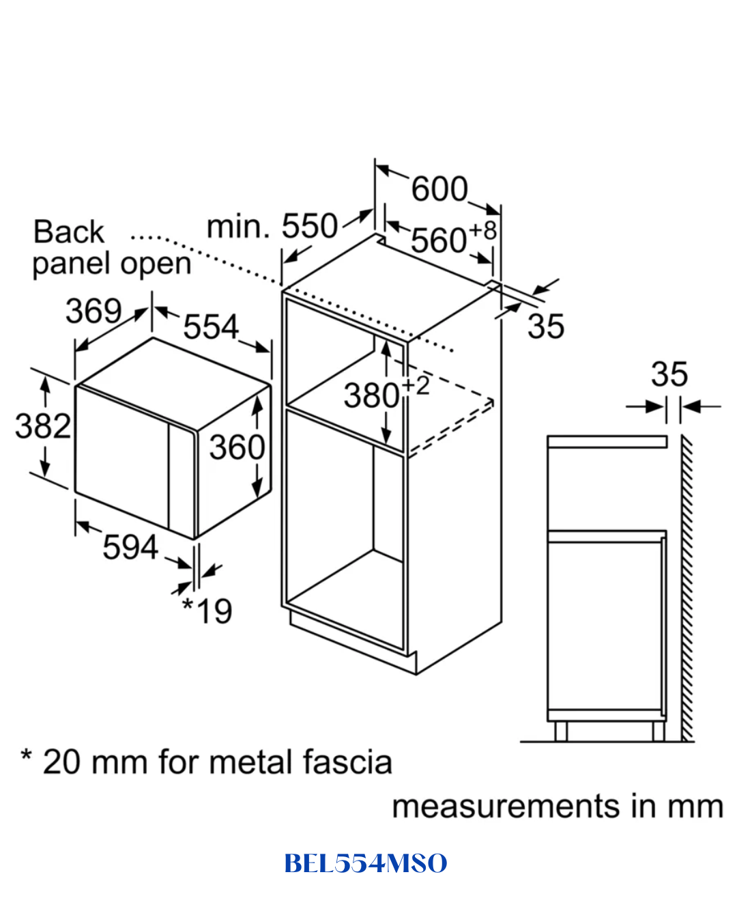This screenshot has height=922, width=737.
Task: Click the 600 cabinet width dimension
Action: [x=439, y=188]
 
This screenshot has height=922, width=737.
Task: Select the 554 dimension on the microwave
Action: [x=211, y=326]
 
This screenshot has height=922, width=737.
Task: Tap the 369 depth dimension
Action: [x=93, y=311]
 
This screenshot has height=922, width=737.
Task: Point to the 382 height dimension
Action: [x=43, y=426]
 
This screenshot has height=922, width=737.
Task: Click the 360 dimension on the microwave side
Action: [x=237, y=447]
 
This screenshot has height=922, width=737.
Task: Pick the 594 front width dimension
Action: [x=130, y=547]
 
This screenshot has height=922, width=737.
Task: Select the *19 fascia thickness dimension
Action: [x=207, y=611]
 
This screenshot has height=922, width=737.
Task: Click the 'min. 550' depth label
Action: [x=272, y=226]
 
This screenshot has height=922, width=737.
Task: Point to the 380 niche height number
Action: [x=372, y=395]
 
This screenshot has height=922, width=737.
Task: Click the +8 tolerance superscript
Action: [x=482, y=231]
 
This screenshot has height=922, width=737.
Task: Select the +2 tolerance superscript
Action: [x=416, y=386]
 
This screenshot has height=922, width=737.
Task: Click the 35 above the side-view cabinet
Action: [x=669, y=374]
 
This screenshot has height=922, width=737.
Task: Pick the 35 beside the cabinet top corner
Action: [x=545, y=326]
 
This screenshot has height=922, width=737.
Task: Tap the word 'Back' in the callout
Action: [x=68, y=232]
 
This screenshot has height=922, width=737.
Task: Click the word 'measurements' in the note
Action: [x=506, y=807]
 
